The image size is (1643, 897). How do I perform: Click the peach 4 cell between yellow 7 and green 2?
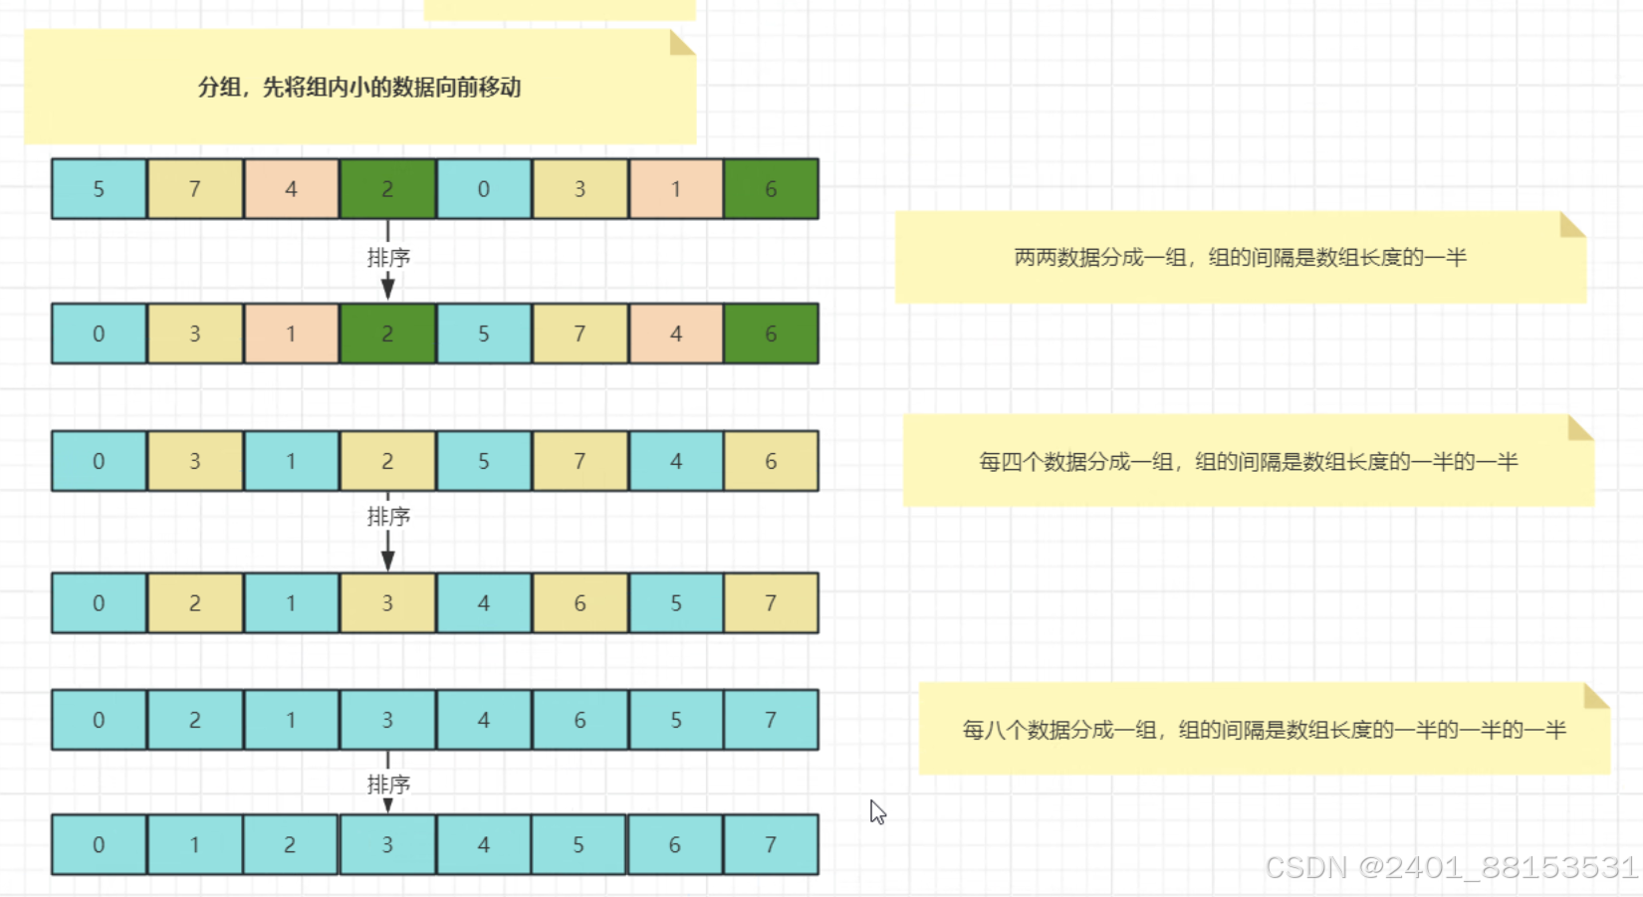click(x=291, y=189)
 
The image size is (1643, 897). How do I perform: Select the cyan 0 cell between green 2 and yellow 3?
click(x=483, y=189)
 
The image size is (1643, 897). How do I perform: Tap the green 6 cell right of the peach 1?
click(x=771, y=189)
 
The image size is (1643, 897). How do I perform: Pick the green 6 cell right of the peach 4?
click(x=771, y=334)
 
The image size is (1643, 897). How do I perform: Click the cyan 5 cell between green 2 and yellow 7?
click(x=483, y=334)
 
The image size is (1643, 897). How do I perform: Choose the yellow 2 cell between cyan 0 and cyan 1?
click(x=195, y=603)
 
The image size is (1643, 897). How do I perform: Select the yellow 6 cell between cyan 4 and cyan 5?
click(x=580, y=603)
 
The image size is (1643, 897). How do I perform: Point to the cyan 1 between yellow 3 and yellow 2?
click(x=291, y=461)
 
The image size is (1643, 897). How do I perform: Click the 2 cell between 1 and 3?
click(x=290, y=845)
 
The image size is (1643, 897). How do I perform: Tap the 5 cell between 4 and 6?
click(x=579, y=845)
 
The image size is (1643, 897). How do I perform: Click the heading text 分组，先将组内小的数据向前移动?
click(x=359, y=88)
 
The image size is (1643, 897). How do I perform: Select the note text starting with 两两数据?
click(x=1240, y=258)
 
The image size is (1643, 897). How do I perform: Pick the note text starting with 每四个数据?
click(x=1248, y=462)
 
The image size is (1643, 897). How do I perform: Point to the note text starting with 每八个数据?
click(x=1264, y=731)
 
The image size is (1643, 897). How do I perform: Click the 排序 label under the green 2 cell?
click(x=388, y=258)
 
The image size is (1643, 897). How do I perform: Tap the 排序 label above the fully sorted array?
click(x=388, y=785)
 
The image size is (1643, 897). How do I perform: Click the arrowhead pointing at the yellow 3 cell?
click(x=388, y=561)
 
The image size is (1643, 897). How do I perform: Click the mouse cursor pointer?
click(x=877, y=811)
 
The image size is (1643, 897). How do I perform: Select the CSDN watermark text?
click(x=1451, y=868)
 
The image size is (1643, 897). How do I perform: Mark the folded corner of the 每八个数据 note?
click(x=1596, y=695)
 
